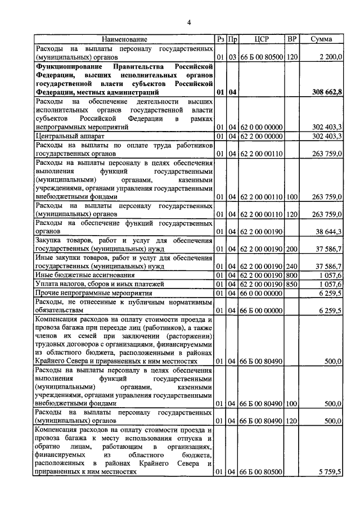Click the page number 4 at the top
(x=190, y=22)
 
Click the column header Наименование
(x=124, y=39)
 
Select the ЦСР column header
(x=262, y=39)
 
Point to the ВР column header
(x=292, y=39)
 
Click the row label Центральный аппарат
(x=69, y=136)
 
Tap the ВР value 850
(x=292, y=284)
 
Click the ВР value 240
(x=292, y=266)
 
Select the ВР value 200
(x=292, y=249)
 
